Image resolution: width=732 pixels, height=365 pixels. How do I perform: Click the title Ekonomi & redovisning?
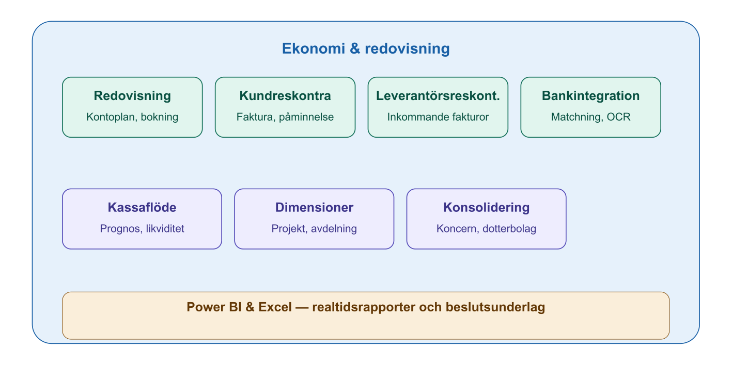[366, 49]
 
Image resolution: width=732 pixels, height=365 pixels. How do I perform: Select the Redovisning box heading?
[132, 96]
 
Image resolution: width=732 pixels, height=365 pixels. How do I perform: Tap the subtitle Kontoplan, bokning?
[132, 117]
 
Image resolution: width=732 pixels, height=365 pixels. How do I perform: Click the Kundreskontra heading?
[285, 96]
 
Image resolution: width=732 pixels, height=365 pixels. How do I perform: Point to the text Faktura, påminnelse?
[285, 117]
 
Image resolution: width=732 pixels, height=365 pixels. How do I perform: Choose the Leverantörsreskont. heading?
[438, 96]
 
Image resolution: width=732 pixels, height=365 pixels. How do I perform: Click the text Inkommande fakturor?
[438, 117]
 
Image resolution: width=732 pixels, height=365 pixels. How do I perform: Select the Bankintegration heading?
[590, 96]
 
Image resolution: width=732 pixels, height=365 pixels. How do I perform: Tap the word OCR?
[619, 117]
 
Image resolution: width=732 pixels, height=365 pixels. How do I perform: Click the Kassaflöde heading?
[142, 208]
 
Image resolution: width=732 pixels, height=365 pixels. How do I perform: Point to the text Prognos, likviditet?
[142, 229]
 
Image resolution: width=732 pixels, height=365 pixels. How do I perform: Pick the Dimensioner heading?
[314, 208]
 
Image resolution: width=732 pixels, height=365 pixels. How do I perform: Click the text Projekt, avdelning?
[314, 229]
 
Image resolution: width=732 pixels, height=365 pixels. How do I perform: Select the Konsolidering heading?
[486, 208]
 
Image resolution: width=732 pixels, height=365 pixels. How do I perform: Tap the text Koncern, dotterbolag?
[486, 229]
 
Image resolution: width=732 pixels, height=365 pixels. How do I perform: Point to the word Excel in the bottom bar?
[275, 307]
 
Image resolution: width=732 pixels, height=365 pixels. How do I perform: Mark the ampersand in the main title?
[354, 49]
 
